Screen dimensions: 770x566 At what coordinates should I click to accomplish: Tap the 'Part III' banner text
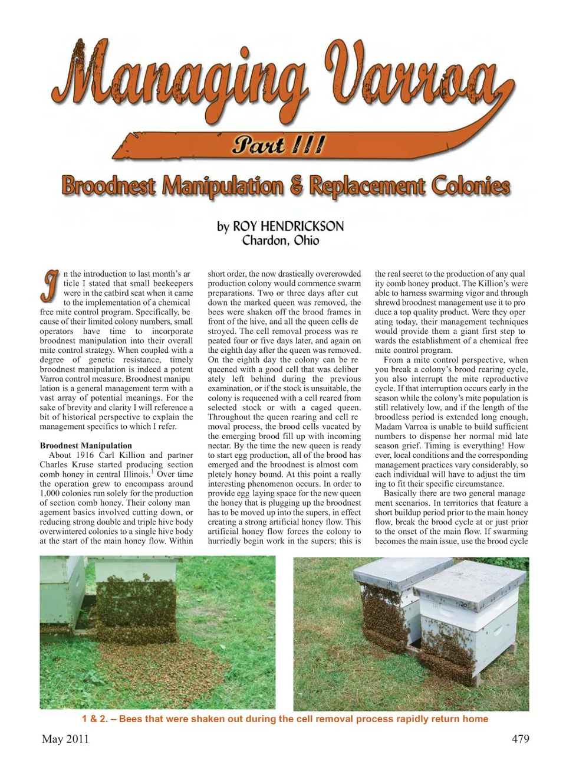(278, 145)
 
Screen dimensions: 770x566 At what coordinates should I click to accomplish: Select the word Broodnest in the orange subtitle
(108, 186)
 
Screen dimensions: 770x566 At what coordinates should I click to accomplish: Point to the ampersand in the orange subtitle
(296, 186)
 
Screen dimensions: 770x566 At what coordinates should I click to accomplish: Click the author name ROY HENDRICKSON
(288, 227)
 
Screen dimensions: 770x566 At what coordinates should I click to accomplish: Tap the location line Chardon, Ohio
(281, 241)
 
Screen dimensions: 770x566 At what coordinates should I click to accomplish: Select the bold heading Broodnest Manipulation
(86, 445)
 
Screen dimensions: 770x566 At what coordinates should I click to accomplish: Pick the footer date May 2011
(65, 739)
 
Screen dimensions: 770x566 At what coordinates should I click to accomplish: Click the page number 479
(520, 739)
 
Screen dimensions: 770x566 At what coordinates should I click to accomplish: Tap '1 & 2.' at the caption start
(95, 719)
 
